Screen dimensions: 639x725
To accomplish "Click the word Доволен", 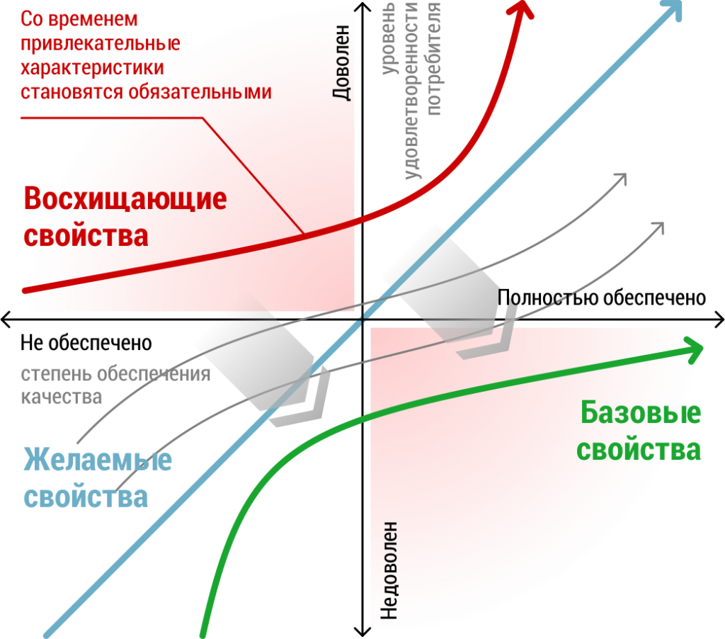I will click(x=342, y=62).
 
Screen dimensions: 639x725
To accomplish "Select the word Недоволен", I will click(x=389, y=571).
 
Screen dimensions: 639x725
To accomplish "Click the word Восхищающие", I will click(x=125, y=199).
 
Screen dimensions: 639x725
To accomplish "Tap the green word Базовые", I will click(x=640, y=413).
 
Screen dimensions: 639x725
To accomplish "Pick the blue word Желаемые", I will click(x=98, y=460).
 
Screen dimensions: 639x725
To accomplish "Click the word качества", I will click(x=62, y=397).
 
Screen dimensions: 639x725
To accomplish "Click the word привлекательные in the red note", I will click(x=101, y=43).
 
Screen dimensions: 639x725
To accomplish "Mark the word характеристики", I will click(x=93, y=68).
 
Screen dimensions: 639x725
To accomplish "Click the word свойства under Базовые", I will click(x=639, y=450).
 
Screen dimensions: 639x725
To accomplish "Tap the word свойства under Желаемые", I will click(x=86, y=497).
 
